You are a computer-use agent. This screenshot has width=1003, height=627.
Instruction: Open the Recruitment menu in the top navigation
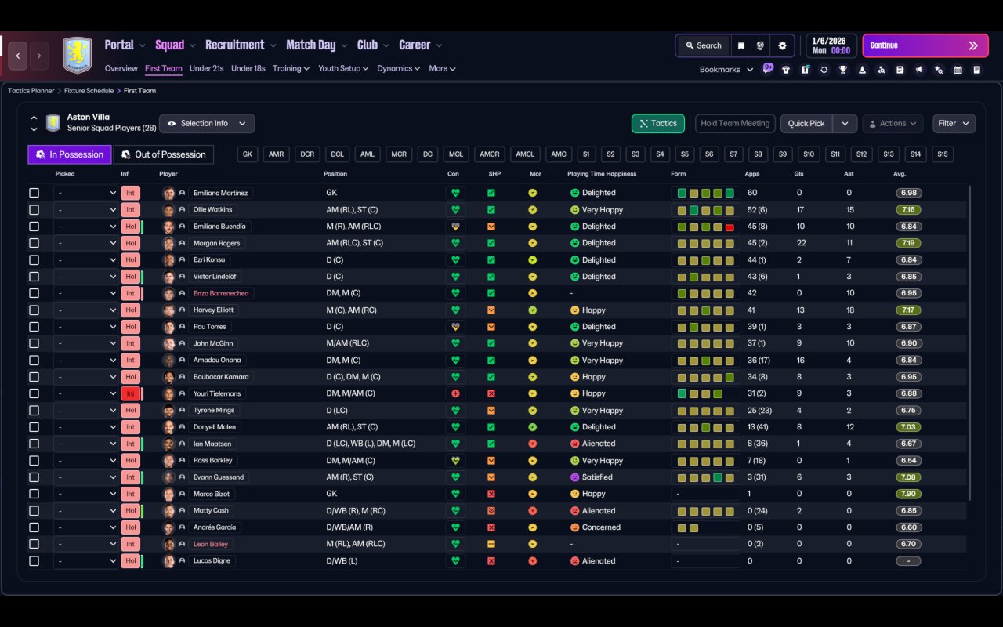coord(235,45)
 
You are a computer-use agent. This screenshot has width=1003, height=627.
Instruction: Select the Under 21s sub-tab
coord(206,68)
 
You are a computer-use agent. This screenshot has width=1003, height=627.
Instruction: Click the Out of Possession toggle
coord(164,154)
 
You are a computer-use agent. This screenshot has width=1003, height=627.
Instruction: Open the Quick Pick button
coord(806,124)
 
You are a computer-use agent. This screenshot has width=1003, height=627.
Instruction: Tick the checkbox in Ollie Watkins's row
coord(34,210)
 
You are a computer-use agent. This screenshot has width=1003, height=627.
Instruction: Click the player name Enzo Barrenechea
coord(221,293)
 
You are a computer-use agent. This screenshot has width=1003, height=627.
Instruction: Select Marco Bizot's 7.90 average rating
coord(908,494)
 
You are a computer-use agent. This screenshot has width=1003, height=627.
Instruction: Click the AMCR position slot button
coord(490,154)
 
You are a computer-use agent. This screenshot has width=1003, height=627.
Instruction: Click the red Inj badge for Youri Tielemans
coord(130,393)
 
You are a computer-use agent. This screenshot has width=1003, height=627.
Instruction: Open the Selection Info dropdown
coord(207,124)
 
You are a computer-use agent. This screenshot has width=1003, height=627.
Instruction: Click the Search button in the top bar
coord(702,45)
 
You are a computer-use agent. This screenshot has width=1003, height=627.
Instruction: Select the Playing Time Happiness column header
coord(602,174)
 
